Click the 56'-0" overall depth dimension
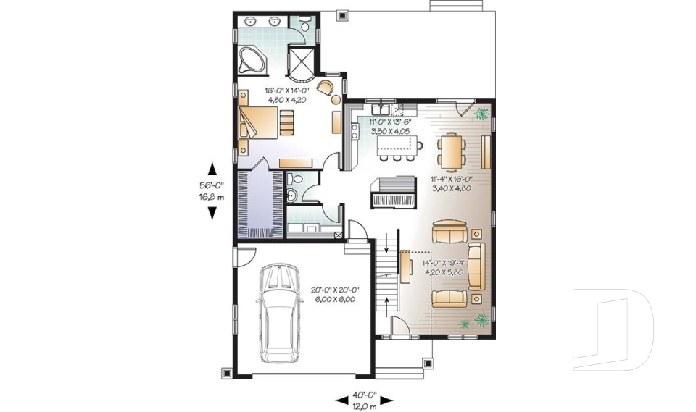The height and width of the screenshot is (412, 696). (x=212, y=190)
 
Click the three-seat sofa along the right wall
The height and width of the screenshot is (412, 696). (x=476, y=266)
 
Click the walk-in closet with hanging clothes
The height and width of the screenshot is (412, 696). (x=260, y=203)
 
